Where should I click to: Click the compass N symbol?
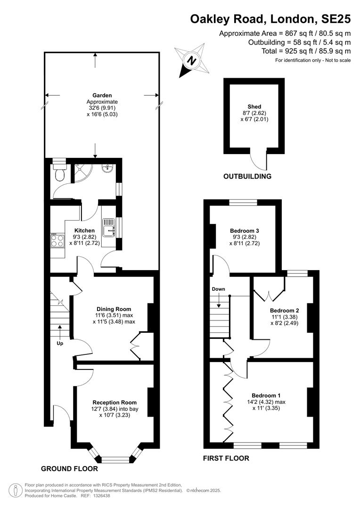pyautogui.click(x=192, y=60)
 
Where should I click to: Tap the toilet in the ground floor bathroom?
pyautogui.click(x=60, y=172)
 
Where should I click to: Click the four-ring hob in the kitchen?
pyautogui.click(x=57, y=240)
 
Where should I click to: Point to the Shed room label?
pyautogui.click(x=254, y=107)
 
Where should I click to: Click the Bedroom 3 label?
pyautogui.click(x=245, y=231)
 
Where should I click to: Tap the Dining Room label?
pyautogui.click(x=114, y=309)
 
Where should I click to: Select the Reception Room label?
pyautogui.click(x=115, y=402)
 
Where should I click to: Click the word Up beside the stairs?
pyautogui.click(x=60, y=344)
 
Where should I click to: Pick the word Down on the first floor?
pyautogui.click(x=219, y=289)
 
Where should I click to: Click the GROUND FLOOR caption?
pyautogui.click(x=69, y=469)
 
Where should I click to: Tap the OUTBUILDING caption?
pyautogui.click(x=247, y=177)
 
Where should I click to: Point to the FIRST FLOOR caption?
pyautogui.click(x=226, y=459)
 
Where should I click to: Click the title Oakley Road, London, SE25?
pyautogui.click(x=270, y=19)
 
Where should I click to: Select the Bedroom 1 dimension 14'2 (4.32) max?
pyautogui.click(x=266, y=402)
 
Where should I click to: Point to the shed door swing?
pyautogui.click(x=259, y=161)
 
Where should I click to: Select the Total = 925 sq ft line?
pyautogui.click(x=306, y=51)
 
